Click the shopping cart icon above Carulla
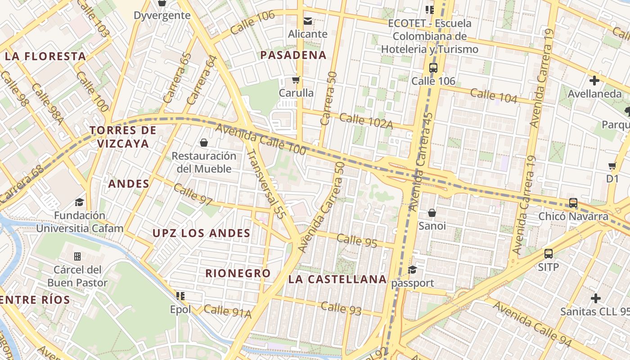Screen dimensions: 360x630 pos(296,80)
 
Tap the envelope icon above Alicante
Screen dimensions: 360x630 pos(308,21)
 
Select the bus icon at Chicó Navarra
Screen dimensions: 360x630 pos(573,203)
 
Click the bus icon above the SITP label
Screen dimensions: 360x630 pos(548,253)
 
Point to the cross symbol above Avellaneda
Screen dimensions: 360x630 pos(594,81)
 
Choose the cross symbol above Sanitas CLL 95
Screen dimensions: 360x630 pos(596,298)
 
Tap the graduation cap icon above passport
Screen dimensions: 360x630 pos(412,270)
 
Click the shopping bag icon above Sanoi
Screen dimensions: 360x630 pos(432,212)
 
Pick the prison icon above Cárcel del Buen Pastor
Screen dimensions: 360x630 pos(77,256)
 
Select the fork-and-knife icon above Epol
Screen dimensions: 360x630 pos(180,296)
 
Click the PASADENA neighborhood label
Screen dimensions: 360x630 pos(293,55)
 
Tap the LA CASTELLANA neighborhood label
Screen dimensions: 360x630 pos(337,279)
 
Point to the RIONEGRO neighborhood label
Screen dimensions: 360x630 pos(238,273)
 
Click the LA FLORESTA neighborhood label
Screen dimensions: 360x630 pos(45,56)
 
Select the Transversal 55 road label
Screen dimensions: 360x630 pos(265,184)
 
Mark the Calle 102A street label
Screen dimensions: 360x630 pos(366,121)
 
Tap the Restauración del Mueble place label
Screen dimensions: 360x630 pos(204,162)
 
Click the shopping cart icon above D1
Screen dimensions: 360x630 pos(612,166)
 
